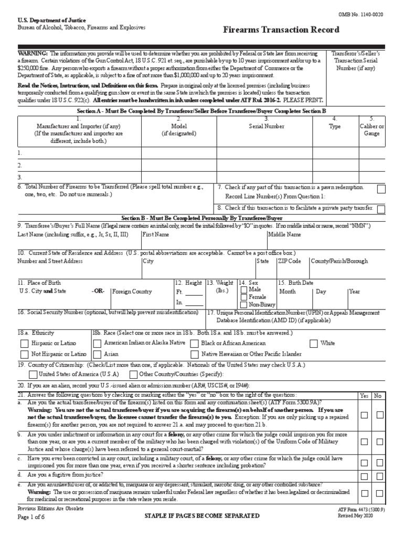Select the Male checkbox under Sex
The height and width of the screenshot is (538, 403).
[x=243, y=289]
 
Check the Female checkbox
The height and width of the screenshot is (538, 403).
[x=243, y=297]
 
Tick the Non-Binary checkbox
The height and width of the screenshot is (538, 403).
[x=243, y=304]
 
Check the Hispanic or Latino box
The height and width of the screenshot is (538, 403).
[x=24, y=344]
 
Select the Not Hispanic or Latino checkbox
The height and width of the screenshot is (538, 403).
[x=24, y=354]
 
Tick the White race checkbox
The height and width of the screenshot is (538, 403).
[x=313, y=344]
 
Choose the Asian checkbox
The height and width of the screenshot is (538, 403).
[x=97, y=354]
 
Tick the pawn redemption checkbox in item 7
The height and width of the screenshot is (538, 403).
[x=381, y=189]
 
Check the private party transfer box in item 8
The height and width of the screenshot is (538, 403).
[x=381, y=209]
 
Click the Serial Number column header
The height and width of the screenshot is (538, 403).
[x=267, y=126]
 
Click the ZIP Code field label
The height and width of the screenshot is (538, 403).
[x=289, y=261]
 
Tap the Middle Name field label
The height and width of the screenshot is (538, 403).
[x=284, y=234]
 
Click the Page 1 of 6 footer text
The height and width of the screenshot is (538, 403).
[x=32, y=516]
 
